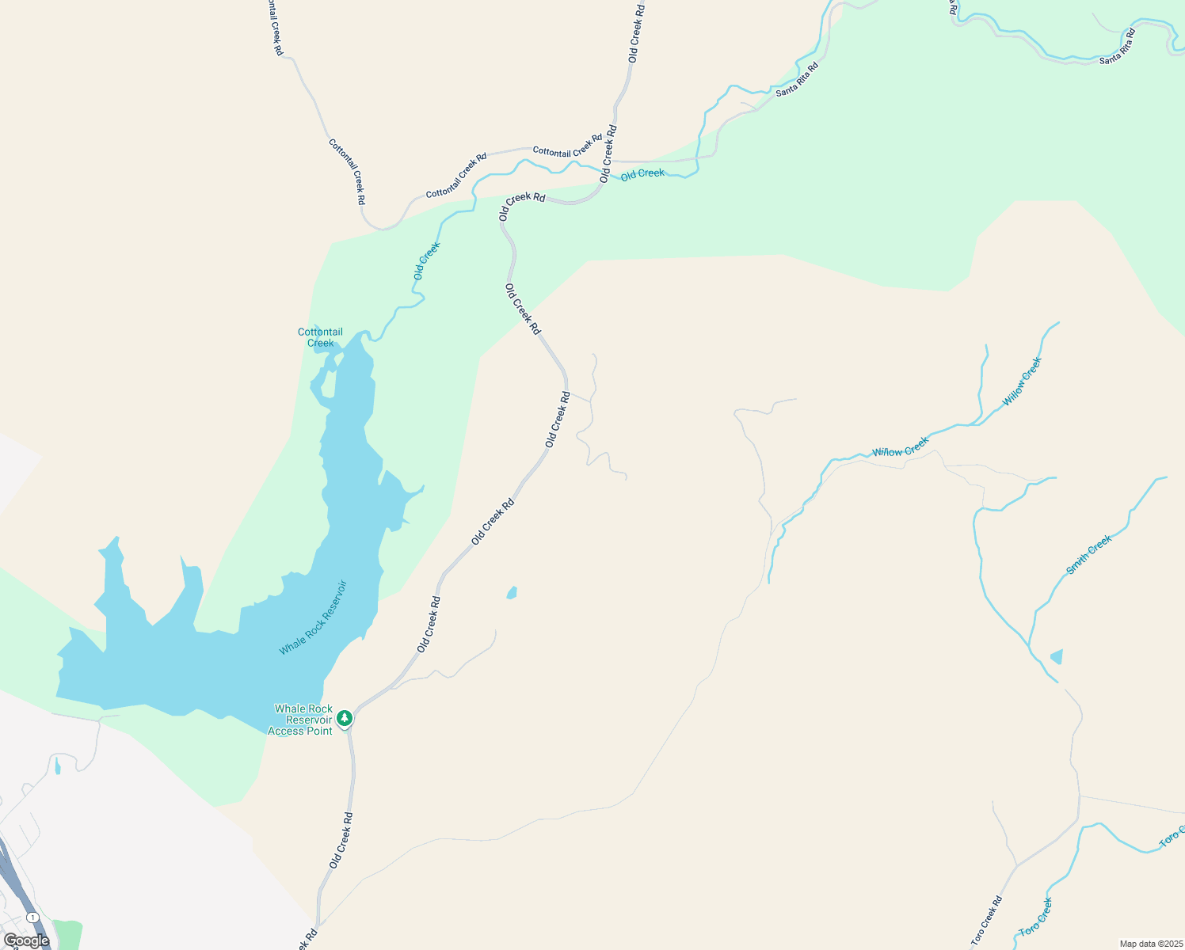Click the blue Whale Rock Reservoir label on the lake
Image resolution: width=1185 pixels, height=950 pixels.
pyautogui.click(x=313, y=618)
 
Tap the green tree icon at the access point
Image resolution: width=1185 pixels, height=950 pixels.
pyautogui.click(x=345, y=718)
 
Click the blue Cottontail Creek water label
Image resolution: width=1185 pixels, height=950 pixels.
pyautogui.click(x=320, y=337)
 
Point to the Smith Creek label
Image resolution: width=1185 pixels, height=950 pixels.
pyautogui.click(x=1089, y=554)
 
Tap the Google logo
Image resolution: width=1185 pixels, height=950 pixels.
pyautogui.click(x=26, y=940)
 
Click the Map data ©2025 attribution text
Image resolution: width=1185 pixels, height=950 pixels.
pyautogui.click(x=1150, y=944)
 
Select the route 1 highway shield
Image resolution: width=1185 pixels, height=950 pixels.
pyautogui.click(x=32, y=917)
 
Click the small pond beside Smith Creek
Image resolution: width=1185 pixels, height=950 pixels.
pyautogui.click(x=1056, y=656)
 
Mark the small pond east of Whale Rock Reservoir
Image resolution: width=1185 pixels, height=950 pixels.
pyautogui.click(x=512, y=592)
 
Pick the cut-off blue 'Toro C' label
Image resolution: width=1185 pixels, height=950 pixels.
pyautogui.click(x=1171, y=838)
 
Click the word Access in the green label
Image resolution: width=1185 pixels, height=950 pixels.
pyautogui.click(x=285, y=731)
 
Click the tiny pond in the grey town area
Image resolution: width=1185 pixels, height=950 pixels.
pyautogui.click(x=58, y=766)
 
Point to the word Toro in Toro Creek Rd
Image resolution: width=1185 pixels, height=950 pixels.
pyautogui.click(x=979, y=936)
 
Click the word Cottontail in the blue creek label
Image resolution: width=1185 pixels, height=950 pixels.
pyautogui.click(x=320, y=332)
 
